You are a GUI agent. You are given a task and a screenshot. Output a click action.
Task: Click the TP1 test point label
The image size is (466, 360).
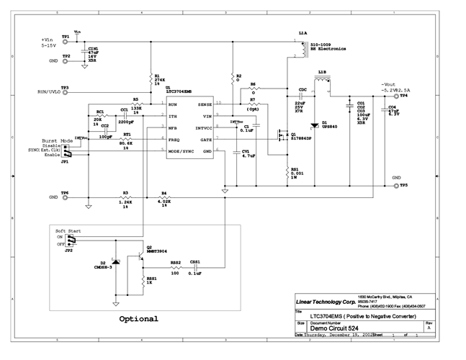pos(66,36)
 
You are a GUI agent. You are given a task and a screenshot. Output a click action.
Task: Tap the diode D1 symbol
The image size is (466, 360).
pos(315,124)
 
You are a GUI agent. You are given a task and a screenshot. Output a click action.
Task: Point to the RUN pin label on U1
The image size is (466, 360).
pos(173,104)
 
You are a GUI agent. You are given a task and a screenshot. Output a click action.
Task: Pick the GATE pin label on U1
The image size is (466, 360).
pos(206,138)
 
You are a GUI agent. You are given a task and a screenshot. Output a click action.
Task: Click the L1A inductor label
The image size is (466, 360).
pos(303,33)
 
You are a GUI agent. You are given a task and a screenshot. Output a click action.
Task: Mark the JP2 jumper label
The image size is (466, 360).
pos(68,251)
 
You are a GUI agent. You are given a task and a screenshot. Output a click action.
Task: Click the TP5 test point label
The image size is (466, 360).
pos(404,184)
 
